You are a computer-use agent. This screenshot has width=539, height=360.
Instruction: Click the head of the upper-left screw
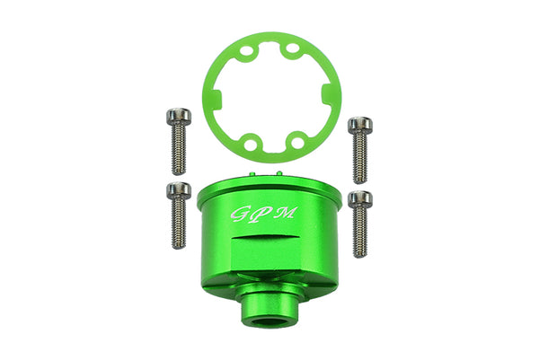[x=176, y=119]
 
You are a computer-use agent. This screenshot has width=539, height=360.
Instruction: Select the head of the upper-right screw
[x=360, y=124]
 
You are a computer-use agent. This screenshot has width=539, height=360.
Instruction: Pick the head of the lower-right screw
[x=360, y=198]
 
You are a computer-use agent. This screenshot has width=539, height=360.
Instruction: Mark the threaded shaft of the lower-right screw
[x=360, y=233]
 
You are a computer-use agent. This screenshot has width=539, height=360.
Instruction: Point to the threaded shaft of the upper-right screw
[x=360, y=154]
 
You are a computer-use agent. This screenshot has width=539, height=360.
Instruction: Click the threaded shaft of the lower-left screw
[x=179, y=224]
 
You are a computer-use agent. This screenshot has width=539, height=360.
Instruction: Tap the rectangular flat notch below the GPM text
[x=267, y=246]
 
